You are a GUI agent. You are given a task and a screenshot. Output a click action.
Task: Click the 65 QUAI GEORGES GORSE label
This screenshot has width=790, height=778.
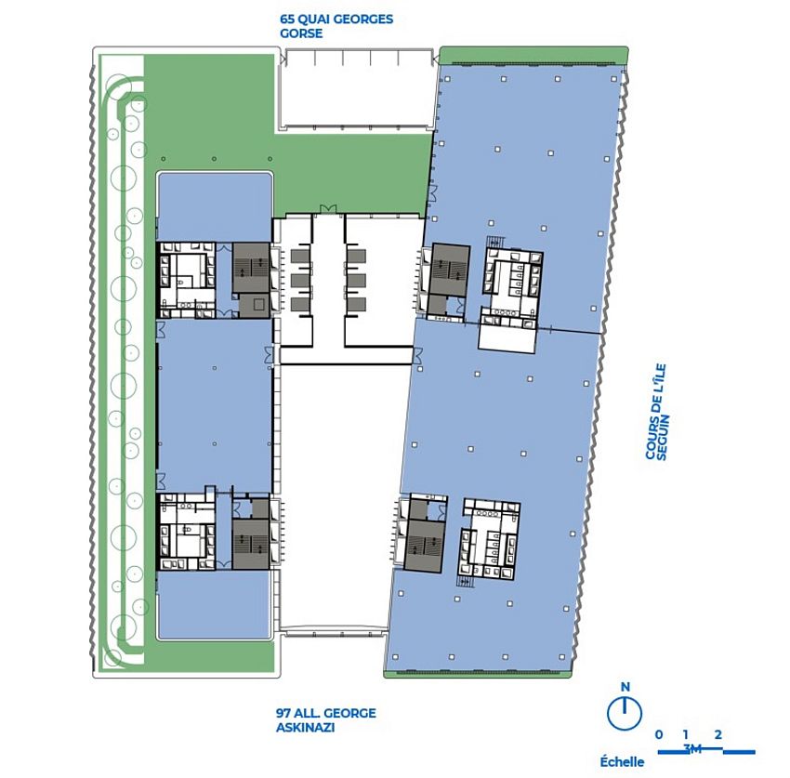[336, 25]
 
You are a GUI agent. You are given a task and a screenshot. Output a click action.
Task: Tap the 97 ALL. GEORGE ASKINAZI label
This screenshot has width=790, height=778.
[325, 720]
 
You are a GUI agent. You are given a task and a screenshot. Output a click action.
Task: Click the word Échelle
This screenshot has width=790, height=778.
[623, 761]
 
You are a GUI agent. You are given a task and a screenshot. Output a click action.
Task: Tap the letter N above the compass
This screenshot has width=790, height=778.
[625, 688]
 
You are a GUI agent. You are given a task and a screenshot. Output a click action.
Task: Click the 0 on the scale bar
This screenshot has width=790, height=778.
[659, 734]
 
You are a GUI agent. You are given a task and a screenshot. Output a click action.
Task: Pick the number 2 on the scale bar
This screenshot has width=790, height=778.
[718, 734]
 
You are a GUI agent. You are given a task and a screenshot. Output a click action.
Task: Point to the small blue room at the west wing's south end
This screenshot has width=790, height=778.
[215, 605]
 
